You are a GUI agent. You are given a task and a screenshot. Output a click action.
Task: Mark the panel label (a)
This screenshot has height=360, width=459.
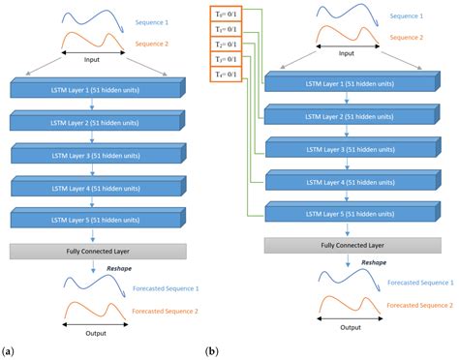(8, 350)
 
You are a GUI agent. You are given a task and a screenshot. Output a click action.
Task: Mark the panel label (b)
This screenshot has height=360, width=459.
(211, 350)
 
